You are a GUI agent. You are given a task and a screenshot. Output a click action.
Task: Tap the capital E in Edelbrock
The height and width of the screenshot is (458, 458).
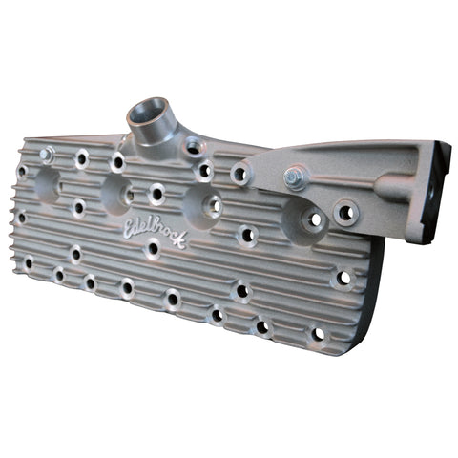(x=130, y=225)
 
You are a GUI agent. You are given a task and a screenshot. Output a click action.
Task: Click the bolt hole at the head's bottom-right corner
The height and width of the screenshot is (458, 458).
(x=316, y=336)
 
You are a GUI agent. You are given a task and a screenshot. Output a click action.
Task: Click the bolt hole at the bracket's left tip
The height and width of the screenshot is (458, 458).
(x=240, y=174)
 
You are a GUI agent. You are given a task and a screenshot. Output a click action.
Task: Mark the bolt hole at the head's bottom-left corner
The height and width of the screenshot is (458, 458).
(x=30, y=260)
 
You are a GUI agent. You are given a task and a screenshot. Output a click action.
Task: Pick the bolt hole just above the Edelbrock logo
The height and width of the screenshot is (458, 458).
(x=156, y=194)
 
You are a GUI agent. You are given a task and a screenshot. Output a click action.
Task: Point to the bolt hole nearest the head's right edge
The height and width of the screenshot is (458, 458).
(x=343, y=279)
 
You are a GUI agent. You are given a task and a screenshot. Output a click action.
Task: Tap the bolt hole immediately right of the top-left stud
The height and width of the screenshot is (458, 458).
(x=82, y=157)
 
